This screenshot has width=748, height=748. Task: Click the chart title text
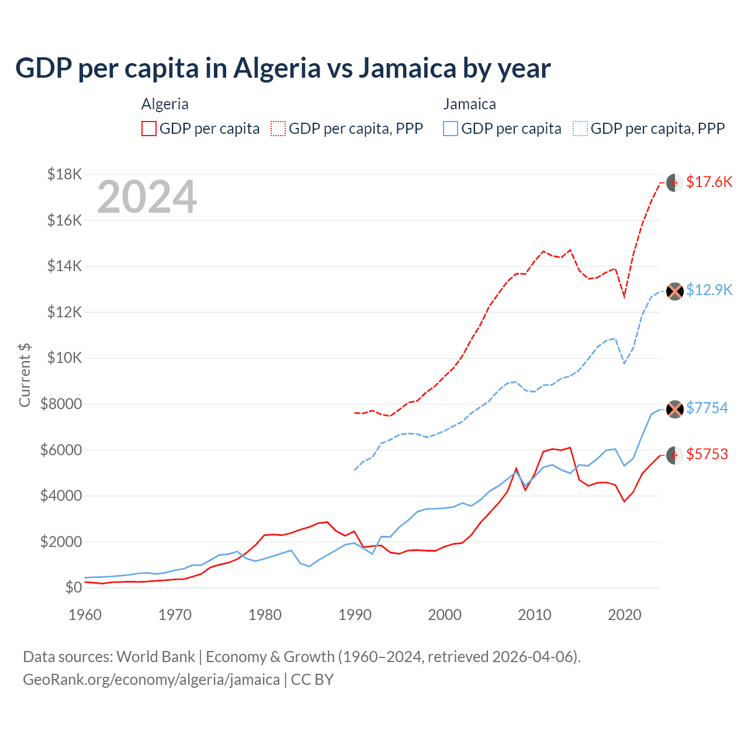(x=283, y=68)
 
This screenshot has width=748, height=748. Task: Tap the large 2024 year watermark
(x=147, y=197)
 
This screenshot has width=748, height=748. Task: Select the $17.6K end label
(x=709, y=182)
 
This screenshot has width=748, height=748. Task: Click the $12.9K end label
(x=709, y=290)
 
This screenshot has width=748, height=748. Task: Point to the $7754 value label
(x=707, y=408)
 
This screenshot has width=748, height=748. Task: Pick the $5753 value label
(x=707, y=454)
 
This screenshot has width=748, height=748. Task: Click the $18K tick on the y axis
(x=65, y=174)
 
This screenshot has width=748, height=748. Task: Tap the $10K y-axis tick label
(x=65, y=358)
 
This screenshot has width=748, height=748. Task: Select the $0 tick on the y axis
(x=74, y=587)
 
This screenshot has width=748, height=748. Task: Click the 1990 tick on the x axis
(x=355, y=615)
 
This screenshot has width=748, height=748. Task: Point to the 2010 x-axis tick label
(x=535, y=615)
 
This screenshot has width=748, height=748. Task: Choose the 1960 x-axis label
(x=85, y=615)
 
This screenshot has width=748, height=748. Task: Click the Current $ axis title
(x=25, y=375)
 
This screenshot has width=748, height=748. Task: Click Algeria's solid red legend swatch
(x=149, y=129)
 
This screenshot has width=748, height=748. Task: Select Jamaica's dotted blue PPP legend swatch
(x=580, y=129)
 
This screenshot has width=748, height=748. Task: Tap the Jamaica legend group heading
(x=469, y=104)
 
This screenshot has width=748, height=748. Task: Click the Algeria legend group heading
(x=165, y=104)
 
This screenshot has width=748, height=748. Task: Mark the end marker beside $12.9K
(x=675, y=291)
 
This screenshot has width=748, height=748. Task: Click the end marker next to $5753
(x=675, y=455)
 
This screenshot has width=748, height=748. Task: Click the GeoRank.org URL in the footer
(x=151, y=680)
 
